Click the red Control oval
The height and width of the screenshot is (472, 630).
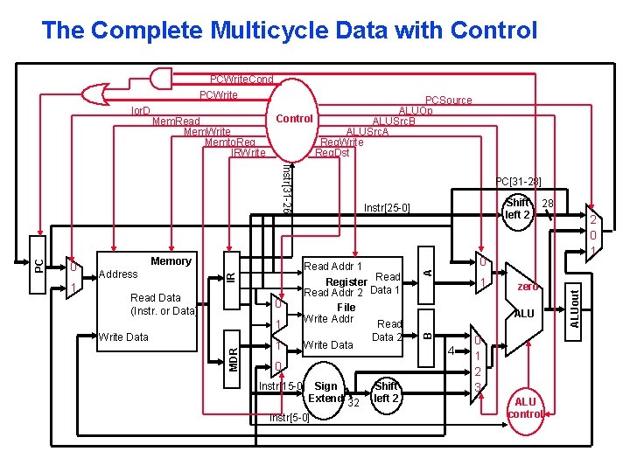coord(294,118)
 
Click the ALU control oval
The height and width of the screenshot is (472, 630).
coord(525,407)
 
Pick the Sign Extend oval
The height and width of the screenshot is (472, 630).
coord(326,392)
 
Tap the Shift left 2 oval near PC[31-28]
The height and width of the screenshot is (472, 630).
coord(518,209)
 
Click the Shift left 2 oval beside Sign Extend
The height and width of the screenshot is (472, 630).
coord(386,392)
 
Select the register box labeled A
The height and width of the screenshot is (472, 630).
coord(426,272)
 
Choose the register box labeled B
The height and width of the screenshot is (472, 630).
coord(426,333)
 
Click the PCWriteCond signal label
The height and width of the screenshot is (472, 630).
coord(241,80)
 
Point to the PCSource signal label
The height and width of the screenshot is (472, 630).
coord(448,101)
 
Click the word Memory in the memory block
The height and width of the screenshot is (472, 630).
coord(171,260)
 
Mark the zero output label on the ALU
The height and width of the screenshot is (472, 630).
coord(528,287)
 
